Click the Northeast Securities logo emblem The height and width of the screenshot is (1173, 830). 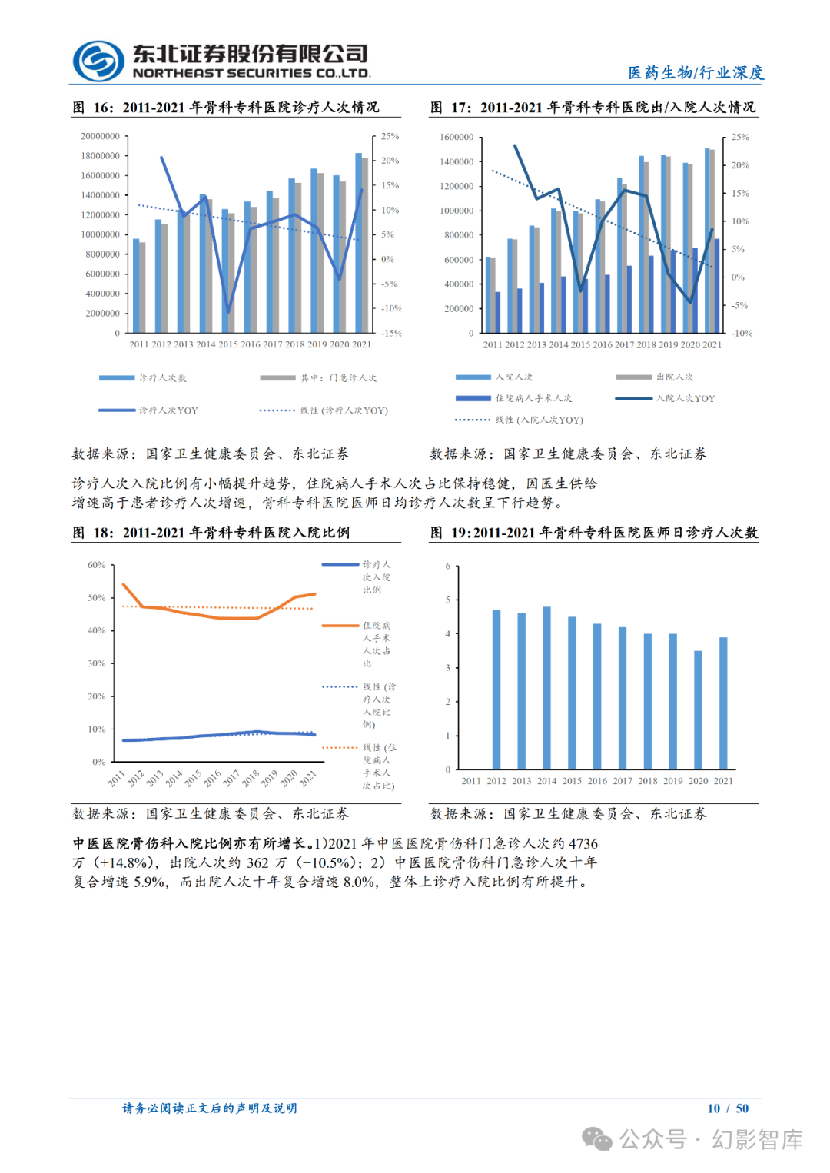98,61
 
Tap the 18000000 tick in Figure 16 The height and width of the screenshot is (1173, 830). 100,156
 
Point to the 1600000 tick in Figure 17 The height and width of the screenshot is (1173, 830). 456,137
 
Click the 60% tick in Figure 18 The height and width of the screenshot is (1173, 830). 96,565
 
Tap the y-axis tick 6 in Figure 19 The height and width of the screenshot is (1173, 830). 448,566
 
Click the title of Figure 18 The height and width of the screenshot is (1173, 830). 211,533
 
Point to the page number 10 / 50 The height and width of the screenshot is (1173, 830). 727,1108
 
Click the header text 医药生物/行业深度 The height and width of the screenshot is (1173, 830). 696,72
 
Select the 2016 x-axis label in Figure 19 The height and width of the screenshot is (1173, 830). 597,781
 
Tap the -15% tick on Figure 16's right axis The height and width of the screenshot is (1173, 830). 391,333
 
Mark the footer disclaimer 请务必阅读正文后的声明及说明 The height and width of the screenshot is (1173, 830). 209,1108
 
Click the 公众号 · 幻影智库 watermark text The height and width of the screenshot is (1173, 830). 711,1139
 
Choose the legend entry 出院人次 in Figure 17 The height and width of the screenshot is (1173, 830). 675,377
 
